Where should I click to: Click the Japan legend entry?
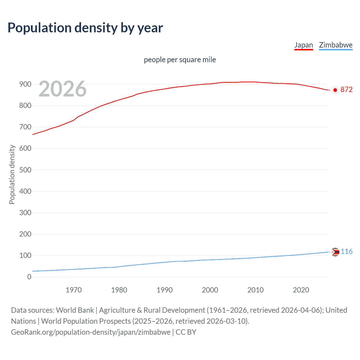click(x=303, y=45)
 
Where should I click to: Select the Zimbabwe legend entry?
click(x=336, y=45)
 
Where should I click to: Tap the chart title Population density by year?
click(x=85, y=28)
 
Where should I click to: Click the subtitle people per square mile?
click(x=180, y=60)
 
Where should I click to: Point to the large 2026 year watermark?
click(x=62, y=89)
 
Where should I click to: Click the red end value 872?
click(x=346, y=89)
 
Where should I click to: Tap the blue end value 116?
click(x=346, y=251)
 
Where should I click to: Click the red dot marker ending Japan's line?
click(x=335, y=90)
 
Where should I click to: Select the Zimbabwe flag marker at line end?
click(x=335, y=252)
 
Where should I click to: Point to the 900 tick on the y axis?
click(x=25, y=84)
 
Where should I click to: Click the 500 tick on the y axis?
click(x=25, y=170)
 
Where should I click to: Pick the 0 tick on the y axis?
click(x=29, y=277)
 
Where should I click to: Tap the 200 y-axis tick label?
click(x=25, y=234)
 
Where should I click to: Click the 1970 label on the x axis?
click(x=74, y=290)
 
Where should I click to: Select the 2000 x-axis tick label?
click(x=210, y=290)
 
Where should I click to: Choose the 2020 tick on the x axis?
click(x=301, y=290)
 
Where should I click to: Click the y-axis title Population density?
click(x=12, y=174)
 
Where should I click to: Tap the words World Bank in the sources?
click(x=75, y=310)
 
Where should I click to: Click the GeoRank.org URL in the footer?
click(x=91, y=332)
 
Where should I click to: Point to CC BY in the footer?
click(x=186, y=332)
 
